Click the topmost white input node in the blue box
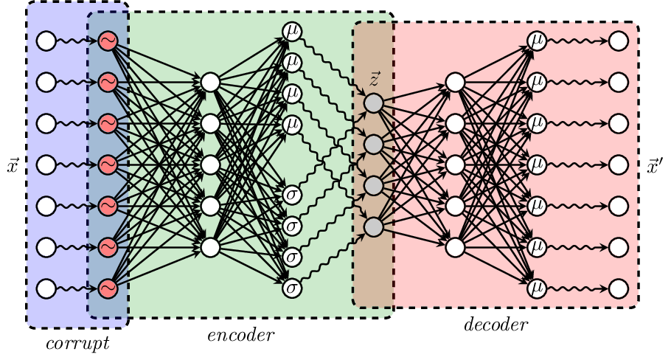coord(46,41)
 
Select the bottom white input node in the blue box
coord(46,288)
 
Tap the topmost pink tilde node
coord(108,41)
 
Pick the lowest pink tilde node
coord(108,288)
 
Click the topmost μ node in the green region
coord(292,32)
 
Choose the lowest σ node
coord(292,288)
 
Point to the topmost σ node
coord(292,195)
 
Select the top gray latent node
coord(374,103)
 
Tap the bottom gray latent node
coord(374,227)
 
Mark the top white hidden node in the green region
coord(210,83)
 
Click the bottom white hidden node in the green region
coord(210,248)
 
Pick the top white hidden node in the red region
coord(455,83)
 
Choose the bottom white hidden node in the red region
coord(455,248)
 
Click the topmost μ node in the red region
coord(537,41)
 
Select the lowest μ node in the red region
coord(537,288)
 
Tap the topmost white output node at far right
coord(619,41)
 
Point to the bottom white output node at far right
coord(619,288)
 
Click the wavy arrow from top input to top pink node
coord(76,41)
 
